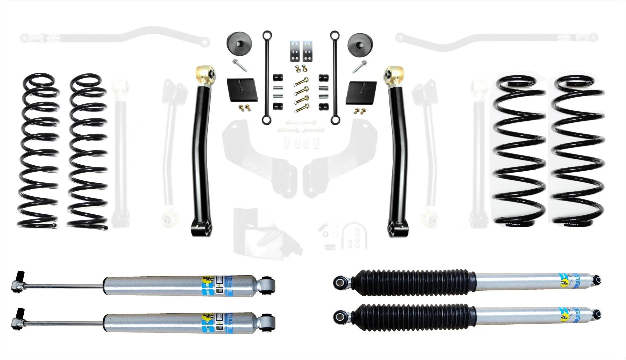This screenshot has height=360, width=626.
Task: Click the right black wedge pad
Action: (361, 92)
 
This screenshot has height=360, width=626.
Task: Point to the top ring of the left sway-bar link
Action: (266, 35)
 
